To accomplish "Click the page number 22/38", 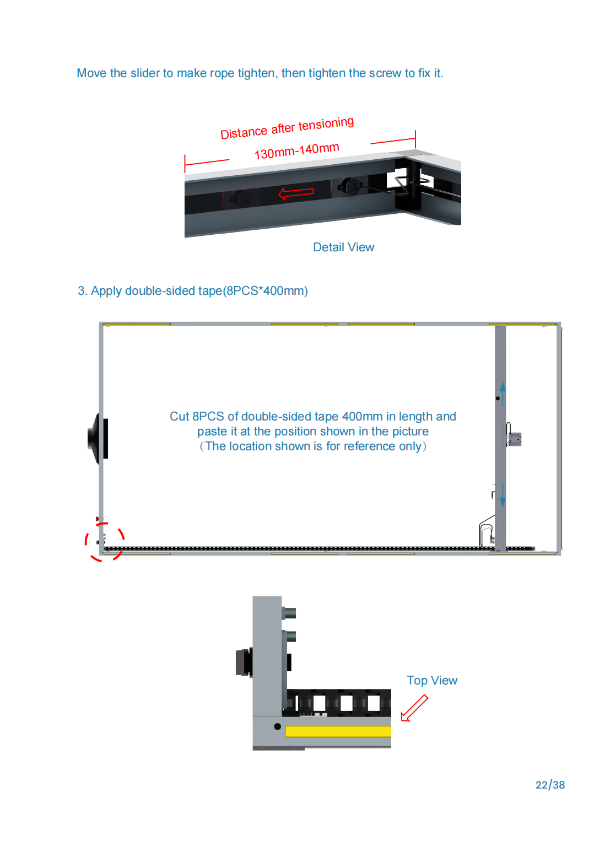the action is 549,784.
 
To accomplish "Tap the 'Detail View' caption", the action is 343,247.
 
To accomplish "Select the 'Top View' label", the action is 431,680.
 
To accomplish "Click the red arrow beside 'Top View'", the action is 414,708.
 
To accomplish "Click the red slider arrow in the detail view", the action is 296,193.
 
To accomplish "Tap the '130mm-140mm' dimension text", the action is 296,151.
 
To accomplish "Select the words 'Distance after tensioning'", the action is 287,128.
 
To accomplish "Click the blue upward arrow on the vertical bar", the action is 502,393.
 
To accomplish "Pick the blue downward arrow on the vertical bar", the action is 502,495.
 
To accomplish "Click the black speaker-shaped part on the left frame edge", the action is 98,438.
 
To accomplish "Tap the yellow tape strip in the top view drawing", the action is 337,731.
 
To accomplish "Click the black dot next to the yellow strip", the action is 277,726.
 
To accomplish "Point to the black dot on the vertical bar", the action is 498,398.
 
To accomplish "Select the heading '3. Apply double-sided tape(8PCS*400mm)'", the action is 193,290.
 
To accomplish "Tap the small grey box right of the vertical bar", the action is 514,439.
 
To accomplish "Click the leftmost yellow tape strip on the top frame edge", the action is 137,324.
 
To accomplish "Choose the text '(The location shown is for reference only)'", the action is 313,446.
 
